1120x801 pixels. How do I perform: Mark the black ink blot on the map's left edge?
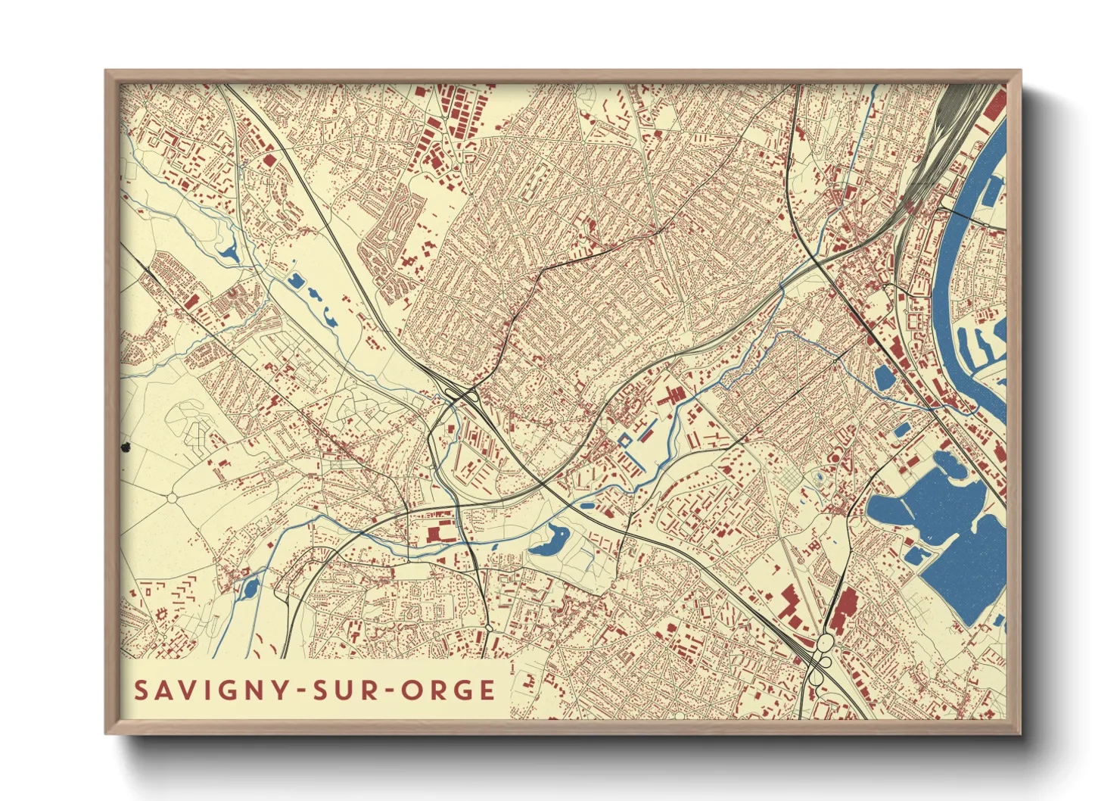pos(126,448)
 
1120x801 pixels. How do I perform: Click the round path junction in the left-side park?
pos(172,498)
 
